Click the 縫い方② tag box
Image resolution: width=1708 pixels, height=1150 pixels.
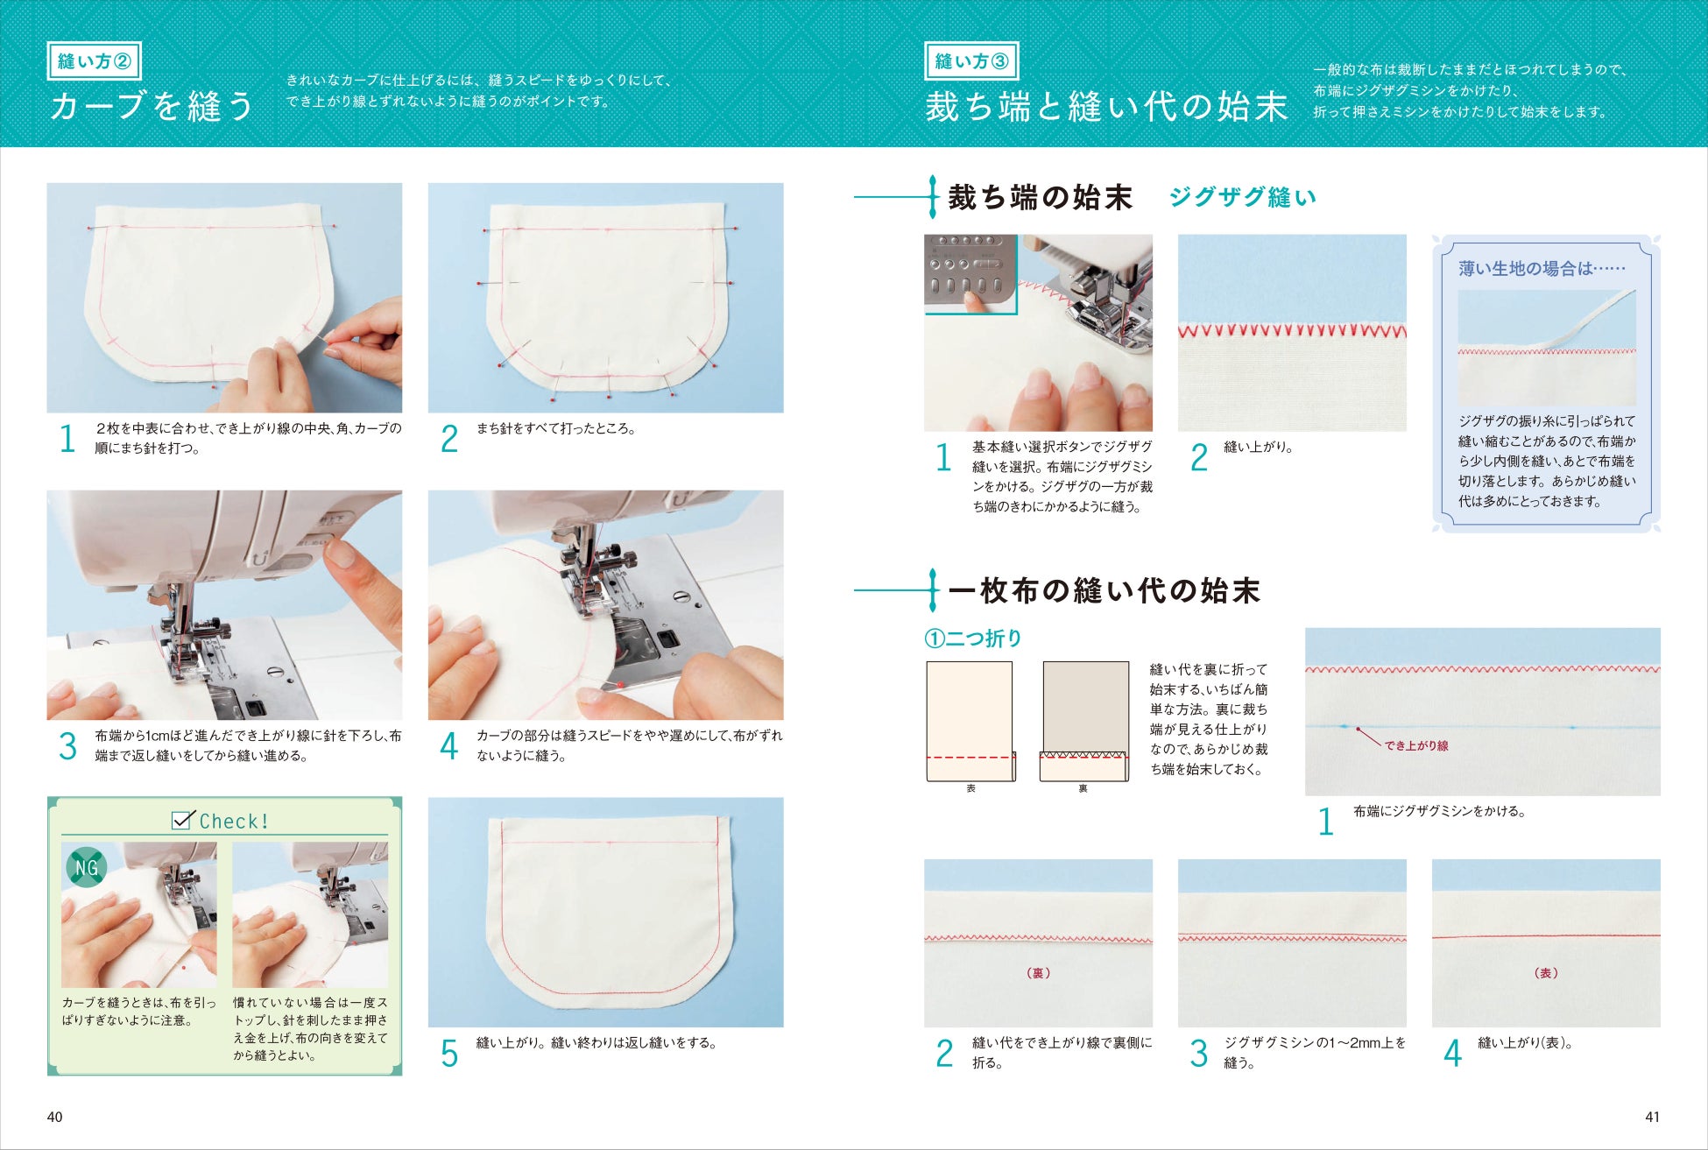coord(94,61)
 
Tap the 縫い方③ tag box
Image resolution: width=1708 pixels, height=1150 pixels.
coord(971,61)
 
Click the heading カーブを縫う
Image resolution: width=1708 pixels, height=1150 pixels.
coord(152,106)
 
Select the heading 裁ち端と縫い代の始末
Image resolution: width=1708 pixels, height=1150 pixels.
coord(1106,107)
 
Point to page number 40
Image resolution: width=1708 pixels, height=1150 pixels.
coord(54,1117)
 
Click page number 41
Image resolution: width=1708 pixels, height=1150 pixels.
coord(1652,1117)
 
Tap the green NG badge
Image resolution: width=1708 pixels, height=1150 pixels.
coord(87,868)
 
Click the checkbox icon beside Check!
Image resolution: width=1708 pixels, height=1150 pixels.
coord(183,820)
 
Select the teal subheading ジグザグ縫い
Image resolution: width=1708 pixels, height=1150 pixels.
coord(1242,197)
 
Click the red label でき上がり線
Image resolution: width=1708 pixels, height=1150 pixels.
coord(1416,745)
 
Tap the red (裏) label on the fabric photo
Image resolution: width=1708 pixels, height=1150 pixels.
coord(1038,973)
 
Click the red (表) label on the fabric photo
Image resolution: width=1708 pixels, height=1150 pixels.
coord(1546,973)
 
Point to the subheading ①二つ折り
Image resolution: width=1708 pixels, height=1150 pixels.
coord(973,638)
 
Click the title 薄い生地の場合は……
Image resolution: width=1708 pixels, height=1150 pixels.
coord(1542,269)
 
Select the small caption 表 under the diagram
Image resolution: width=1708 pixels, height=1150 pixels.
coord(970,788)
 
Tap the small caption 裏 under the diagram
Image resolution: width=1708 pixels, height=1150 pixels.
coord(1083,788)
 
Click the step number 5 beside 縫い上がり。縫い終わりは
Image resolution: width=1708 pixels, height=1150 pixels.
coord(449,1054)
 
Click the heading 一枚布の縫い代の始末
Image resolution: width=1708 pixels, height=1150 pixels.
coord(1105,590)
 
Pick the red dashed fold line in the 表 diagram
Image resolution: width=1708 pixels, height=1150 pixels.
coord(970,757)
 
